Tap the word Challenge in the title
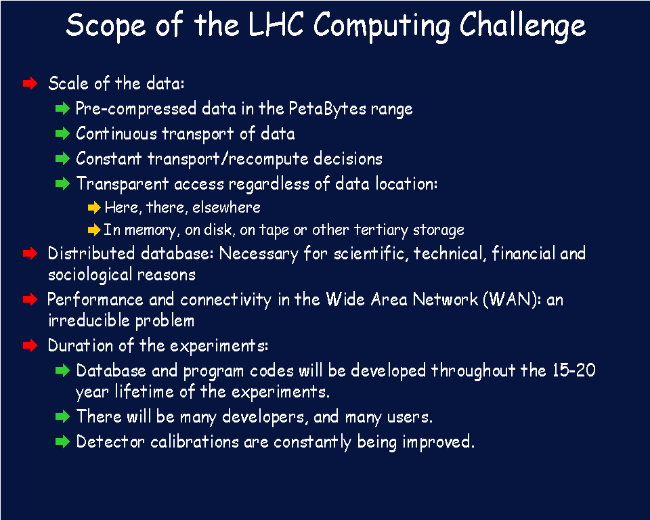coord(522,26)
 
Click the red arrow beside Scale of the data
coord(30,83)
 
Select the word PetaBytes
coord(328,108)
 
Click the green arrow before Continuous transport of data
coord(62,133)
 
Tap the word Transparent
coord(123,184)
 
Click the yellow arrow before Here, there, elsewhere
coord(95,207)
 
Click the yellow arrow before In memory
coord(95,230)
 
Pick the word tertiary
coord(381,230)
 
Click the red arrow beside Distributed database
coord(30,253)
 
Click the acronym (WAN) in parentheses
coord(512,299)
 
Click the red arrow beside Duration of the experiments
coord(30,345)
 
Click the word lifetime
coord(144,391)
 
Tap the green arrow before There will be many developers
coord(62,416)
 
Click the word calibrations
coord(195,441)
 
